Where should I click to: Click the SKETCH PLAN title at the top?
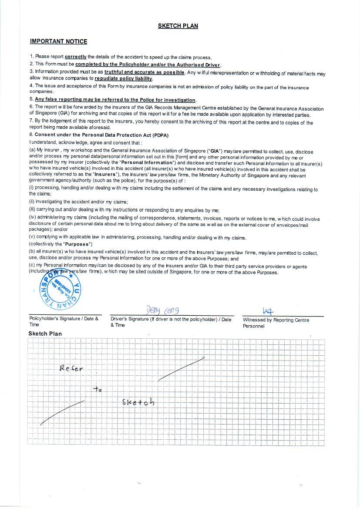[x=178, y=26]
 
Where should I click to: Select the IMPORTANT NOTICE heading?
[x=58, y=42]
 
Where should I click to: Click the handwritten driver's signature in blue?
[x=162, y=310]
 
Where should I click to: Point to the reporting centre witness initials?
[x=268, y=311]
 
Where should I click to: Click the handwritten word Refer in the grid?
[x=71, y=368]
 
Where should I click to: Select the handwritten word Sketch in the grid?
[x=138, y=402]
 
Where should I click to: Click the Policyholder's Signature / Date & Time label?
[x=64, y=321]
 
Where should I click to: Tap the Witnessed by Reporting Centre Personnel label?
[x=276, y=323]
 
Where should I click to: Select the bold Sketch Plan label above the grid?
[x=45, y=334]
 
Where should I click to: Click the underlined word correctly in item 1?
[x=76, y=57]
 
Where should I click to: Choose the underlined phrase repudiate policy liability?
[x=123, y=79]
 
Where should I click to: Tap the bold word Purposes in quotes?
[x=78, y=244]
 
